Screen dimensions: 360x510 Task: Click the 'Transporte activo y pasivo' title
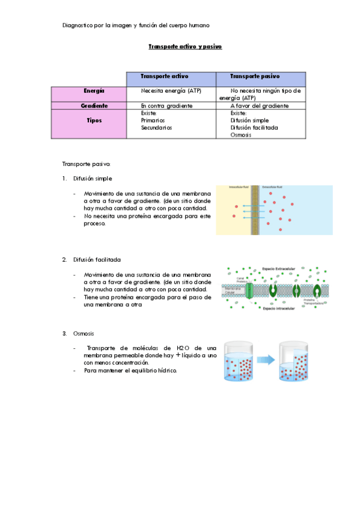point(185,46)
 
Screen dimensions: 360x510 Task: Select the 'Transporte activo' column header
point(164,77)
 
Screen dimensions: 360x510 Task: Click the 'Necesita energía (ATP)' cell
point(171,91)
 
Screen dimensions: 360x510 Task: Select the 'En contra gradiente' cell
point(166,106)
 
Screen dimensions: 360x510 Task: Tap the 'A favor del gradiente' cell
point(260,106)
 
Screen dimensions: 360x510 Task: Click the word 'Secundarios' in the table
point(156,127)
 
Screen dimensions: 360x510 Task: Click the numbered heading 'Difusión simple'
point(93,179)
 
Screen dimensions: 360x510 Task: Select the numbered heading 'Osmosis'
point(84,333)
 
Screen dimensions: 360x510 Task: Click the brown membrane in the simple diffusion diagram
point(257,210)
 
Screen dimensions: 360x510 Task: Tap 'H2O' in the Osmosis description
point(183,348)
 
